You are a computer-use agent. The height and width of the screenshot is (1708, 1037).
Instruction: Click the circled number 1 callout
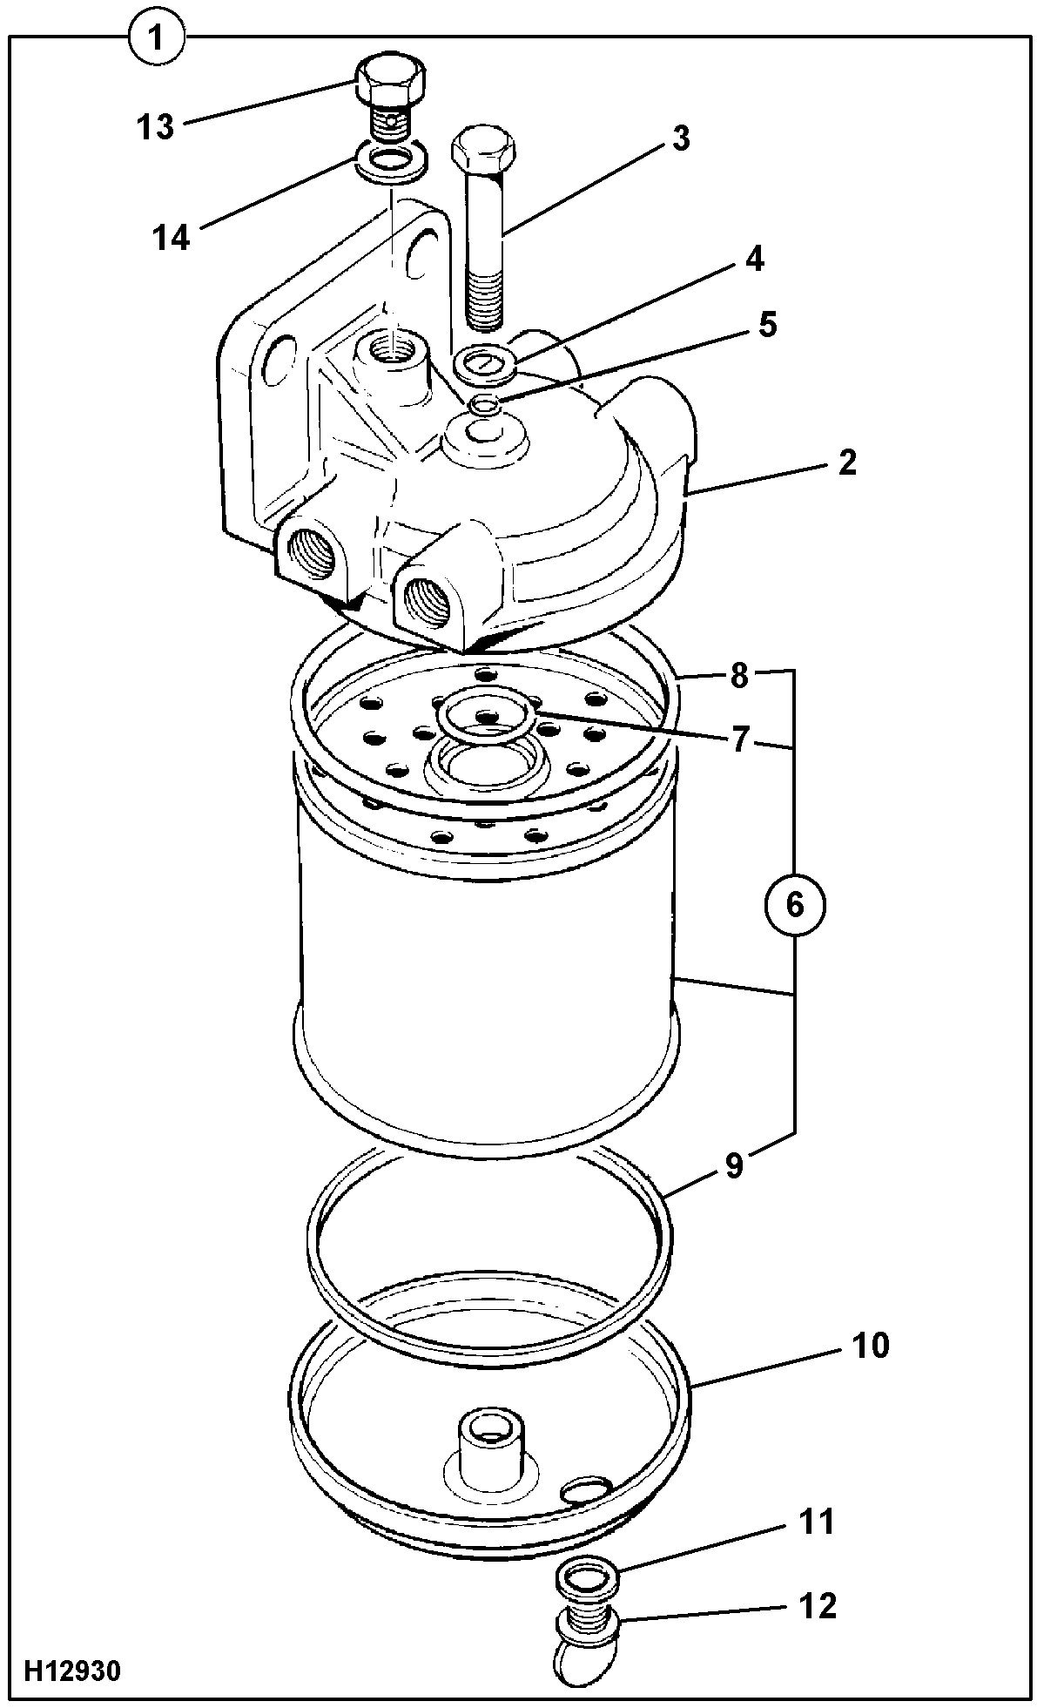(x=157, y=37)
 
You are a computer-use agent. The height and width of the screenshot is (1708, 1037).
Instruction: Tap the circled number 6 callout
(x=795, y=905)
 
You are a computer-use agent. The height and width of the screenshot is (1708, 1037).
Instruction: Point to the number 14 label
(x=172, y=236)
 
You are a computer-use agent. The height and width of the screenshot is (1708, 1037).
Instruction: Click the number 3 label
(x=680, y=138)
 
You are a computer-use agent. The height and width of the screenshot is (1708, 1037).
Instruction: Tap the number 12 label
(x=816, y=1605)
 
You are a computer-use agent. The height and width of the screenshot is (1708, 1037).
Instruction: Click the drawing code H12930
(x=72, y=1671)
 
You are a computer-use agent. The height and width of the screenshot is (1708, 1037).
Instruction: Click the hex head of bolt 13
(x=392, y=79)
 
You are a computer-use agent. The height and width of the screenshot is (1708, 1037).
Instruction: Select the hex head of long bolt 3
(x=482, y=150)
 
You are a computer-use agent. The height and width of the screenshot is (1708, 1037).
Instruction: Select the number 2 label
(x=846, y=462)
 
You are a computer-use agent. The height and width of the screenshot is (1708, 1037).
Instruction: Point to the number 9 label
(x=734, y=1165)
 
